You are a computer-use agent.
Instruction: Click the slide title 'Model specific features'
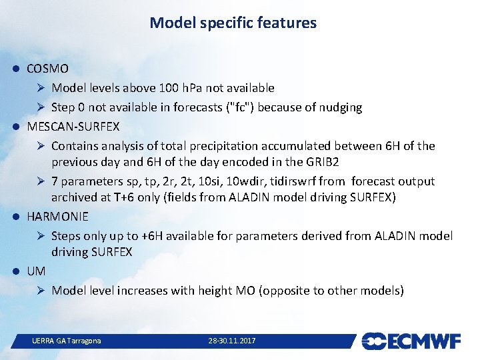tap(233, 23)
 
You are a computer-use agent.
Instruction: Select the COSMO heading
tap(47, 69)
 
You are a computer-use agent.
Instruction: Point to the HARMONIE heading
tap(57, 216)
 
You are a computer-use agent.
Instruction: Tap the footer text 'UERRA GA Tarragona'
tap(67, 341)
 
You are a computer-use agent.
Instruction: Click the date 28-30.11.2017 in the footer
tap(231, 341)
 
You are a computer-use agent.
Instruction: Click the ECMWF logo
tap(411, 341)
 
